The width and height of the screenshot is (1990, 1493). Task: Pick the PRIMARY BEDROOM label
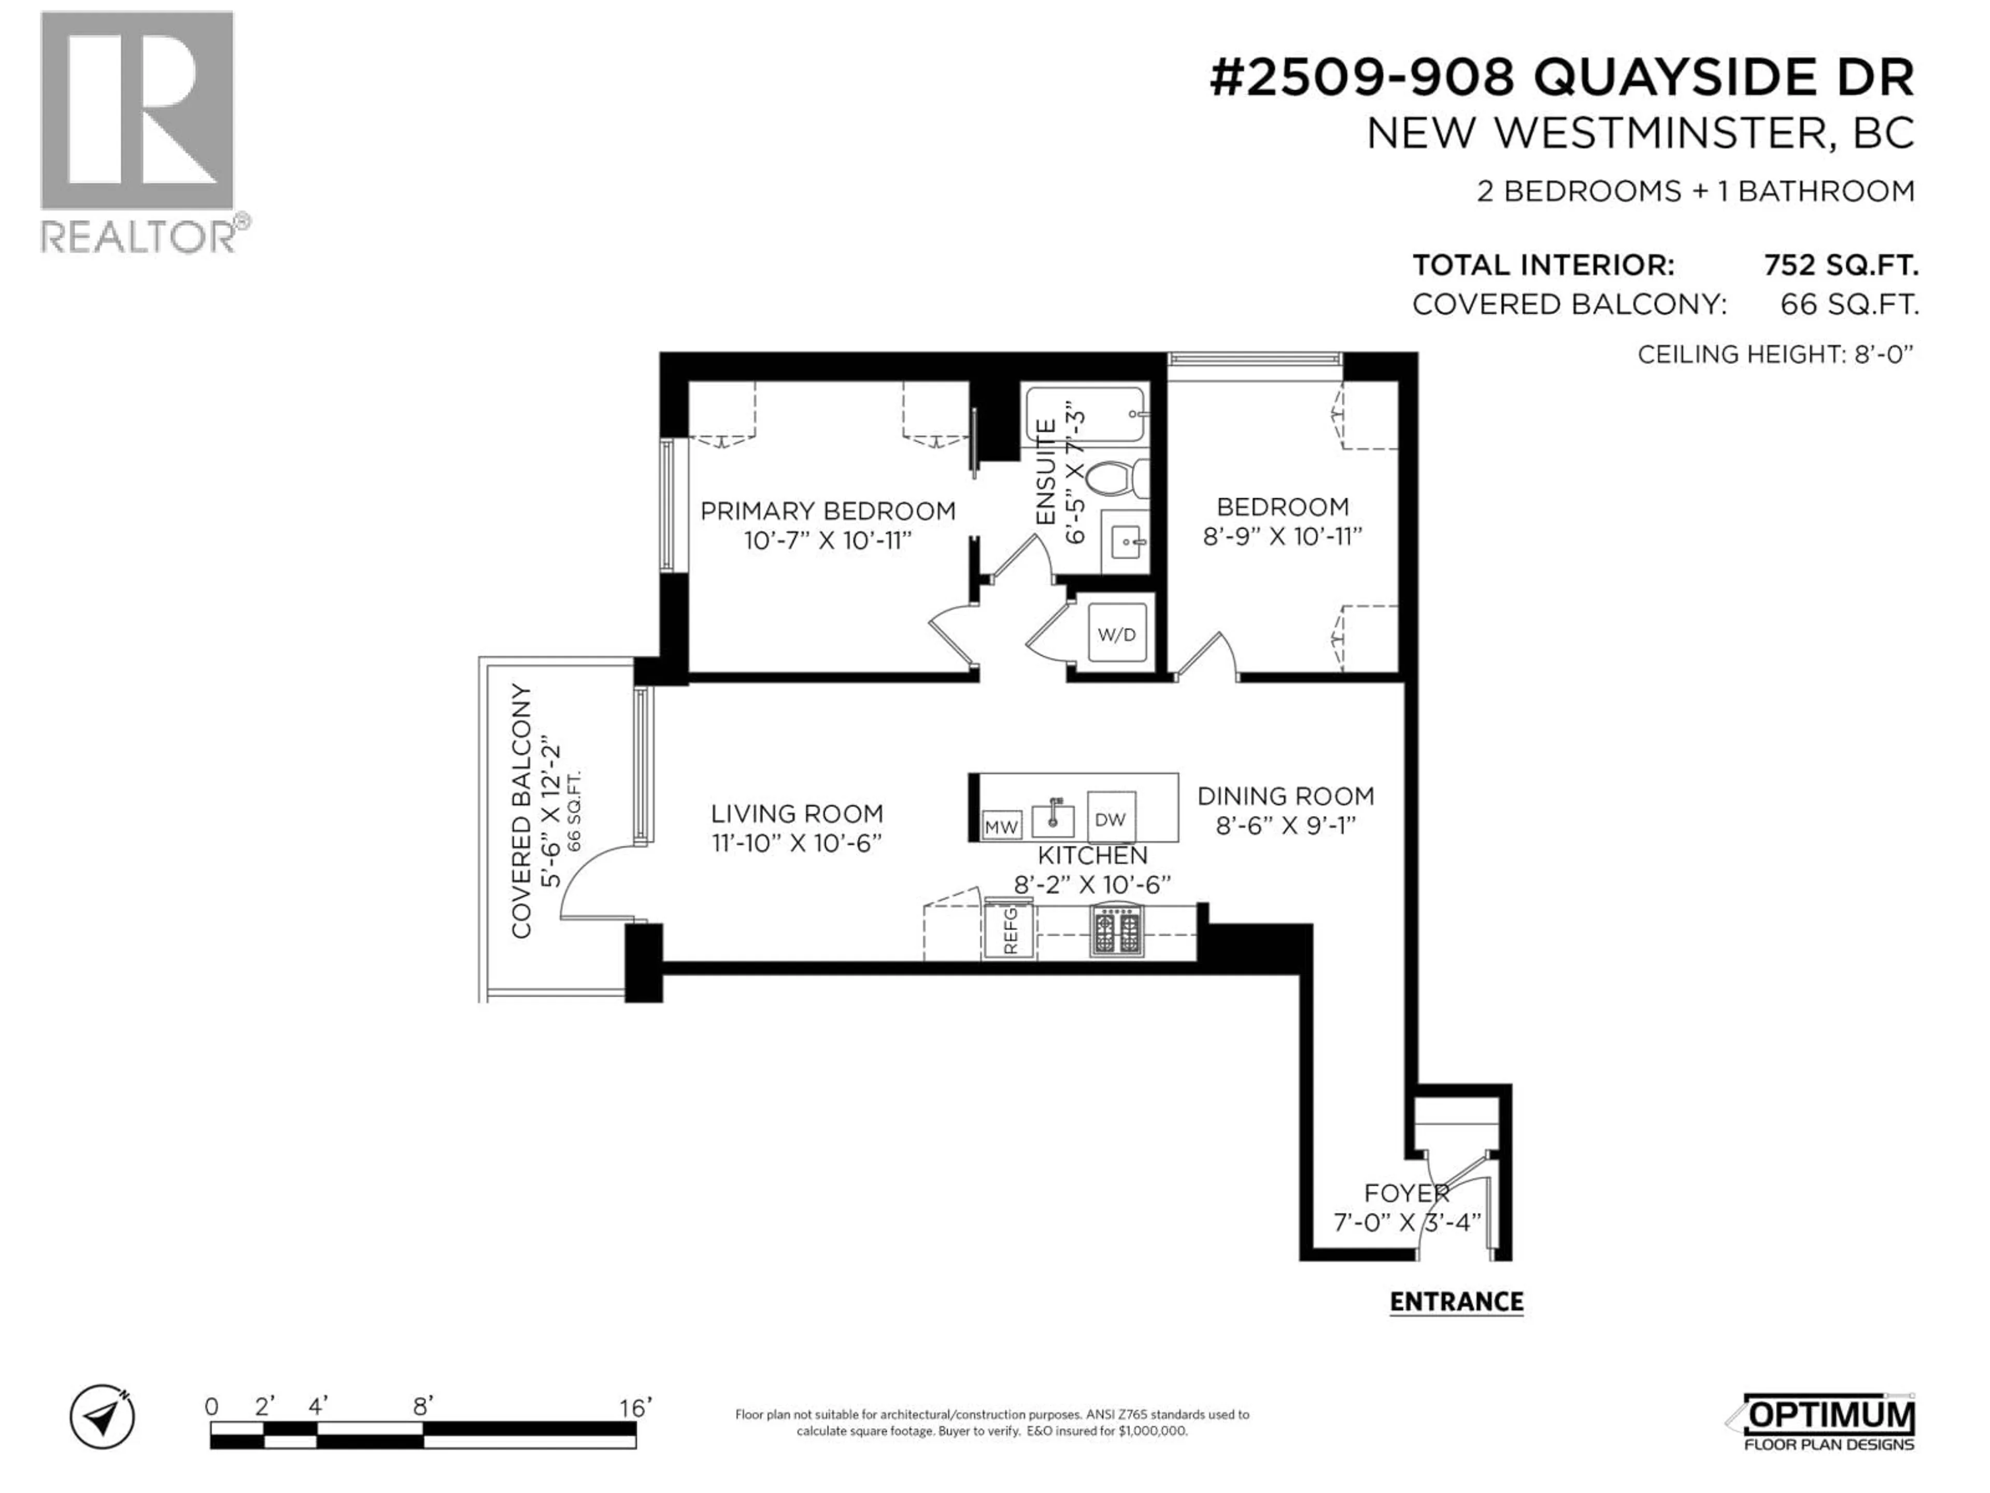coord(828,511)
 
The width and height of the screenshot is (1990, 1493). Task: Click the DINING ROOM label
coord(1285,796)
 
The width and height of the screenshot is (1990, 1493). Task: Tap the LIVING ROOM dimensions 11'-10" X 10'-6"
coord(796,843)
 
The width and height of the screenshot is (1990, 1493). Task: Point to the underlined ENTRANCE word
coord(1456,1301)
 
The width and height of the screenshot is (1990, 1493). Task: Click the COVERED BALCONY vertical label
coord(522,811)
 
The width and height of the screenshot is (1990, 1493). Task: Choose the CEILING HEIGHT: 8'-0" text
coord(1774,355)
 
